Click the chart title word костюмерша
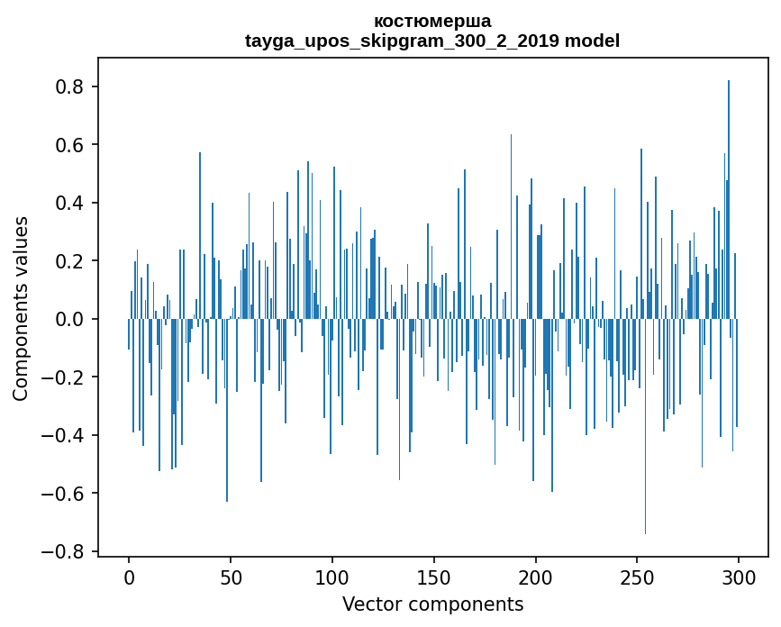coord(432,21)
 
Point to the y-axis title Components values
coord(21,308)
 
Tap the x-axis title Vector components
coord(432,604)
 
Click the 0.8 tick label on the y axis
coord(71,87)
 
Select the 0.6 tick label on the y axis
coord(71,145)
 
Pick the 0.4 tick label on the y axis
coord(71,204)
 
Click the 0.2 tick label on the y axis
coord(71,261)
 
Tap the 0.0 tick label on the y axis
coord(71,319)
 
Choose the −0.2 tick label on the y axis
coord(65,377)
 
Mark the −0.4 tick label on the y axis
coord(65,435)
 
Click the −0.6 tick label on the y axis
coord(65,494)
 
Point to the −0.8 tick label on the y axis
coord(65,551)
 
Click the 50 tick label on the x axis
coord(231,577)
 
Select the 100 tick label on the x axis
coord(332,577)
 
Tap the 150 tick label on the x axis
coord(434,577)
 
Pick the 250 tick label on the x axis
coord(638,577)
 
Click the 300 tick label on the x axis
coord(740,577)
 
